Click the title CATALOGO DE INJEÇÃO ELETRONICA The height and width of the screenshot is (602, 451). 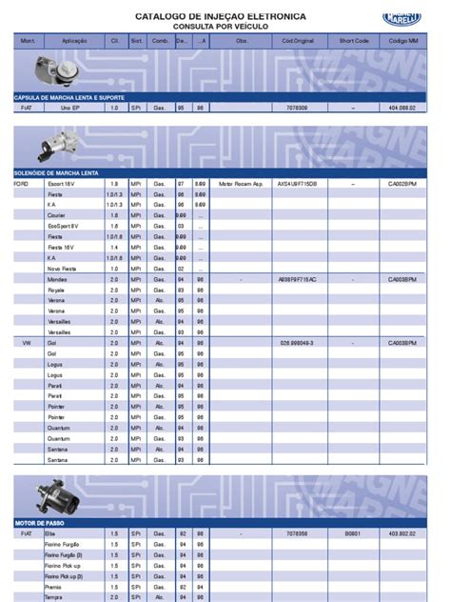(220, 16)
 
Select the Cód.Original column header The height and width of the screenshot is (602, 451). (297, 42)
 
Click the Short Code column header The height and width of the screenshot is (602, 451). (354, 42)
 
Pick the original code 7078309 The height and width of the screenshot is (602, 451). (297, 109)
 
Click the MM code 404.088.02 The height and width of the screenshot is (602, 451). (403, 109)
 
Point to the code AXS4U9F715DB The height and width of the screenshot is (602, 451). (297, 182)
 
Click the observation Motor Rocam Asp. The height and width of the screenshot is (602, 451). (239, 182)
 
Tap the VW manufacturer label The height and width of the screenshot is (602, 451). (26, 341)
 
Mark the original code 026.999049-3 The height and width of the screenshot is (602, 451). (297, 341)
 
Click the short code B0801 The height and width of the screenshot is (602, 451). (353, 534)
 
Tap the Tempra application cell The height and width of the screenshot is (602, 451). (56, 597)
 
